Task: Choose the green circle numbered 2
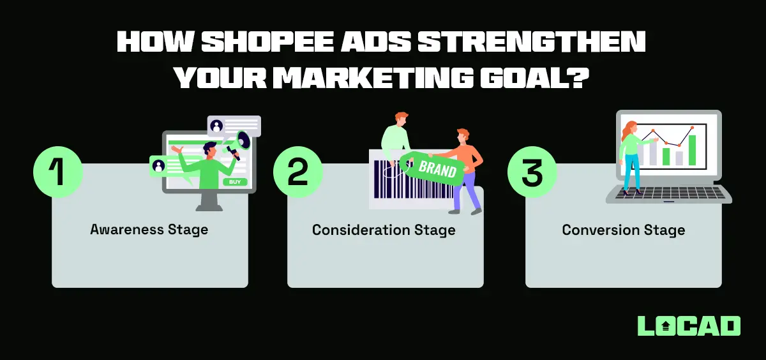pos(297,173)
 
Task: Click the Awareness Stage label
pos(149,229)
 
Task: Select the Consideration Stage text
pos(384,229)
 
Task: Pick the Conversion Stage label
pos(623,229)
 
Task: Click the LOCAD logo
pos(689,326)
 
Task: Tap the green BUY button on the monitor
pos(234,182)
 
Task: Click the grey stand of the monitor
pos(209,201)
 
